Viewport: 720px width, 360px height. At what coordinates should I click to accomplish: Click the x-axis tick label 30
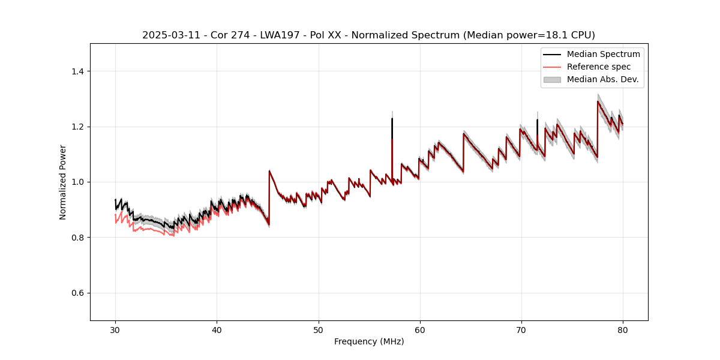click(115, 329)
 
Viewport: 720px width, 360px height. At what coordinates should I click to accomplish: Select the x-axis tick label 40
click(217, 329)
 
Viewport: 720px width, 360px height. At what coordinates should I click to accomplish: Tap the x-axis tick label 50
click(318, 329)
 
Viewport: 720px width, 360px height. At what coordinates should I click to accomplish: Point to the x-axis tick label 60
click(420, 329)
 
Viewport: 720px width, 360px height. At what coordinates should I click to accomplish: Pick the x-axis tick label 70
click(521, 329)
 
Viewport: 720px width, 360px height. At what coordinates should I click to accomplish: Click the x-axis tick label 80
click(623, 329)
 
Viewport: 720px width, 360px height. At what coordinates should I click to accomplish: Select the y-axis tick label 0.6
click(77, 293)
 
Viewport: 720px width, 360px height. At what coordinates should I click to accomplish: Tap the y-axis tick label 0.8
click(77, 238)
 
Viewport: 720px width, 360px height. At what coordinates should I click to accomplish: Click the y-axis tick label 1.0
click(77, 182)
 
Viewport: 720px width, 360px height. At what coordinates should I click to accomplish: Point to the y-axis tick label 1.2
click(77, 127)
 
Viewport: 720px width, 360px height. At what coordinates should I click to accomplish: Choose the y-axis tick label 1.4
click(77, 71)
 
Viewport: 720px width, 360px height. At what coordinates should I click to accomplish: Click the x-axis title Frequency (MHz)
click(369, 341)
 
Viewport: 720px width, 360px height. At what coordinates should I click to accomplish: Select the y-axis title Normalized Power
click(63, 182)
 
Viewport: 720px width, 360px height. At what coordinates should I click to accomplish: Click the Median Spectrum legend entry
click(603, 54)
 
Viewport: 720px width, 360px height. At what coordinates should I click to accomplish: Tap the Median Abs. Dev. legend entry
click(602, 79)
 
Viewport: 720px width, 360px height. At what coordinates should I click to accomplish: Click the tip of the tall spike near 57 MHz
click(392, 118)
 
